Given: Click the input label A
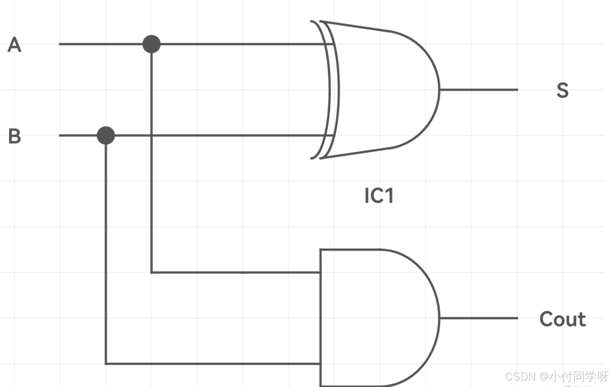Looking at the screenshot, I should pyautogui.click(x=15, y=45).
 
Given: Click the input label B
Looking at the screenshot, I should pyautogui.click(x=15, y=136).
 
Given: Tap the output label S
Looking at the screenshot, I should pyautogui.click(x=562, y=90).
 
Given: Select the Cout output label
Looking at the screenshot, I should pyautogui.click(x=562, y=319).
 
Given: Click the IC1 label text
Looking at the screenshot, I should pyautogui.click(x=379, y=196).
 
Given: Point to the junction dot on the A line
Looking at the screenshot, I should pyautogui.click(x=151, y=44).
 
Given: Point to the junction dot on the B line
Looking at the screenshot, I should pyautogui.click(x=106, y=135).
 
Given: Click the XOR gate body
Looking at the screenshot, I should pyautogui.click(x=386, y=89).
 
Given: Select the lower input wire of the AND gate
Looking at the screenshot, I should pyautogui.click(x=212, y=363).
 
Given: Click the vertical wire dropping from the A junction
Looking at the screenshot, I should pyautogui.click(x=151, y=198).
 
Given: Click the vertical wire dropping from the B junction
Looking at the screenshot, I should pyautogui.click(x=106, y=248).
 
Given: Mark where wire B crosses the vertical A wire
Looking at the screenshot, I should pyautogui.click(x=151, y=135).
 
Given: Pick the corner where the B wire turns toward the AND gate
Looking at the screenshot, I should pyautogui.click(x=106, y=363).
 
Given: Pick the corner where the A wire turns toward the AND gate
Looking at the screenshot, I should pyautogui.click(x=151, y=272).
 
